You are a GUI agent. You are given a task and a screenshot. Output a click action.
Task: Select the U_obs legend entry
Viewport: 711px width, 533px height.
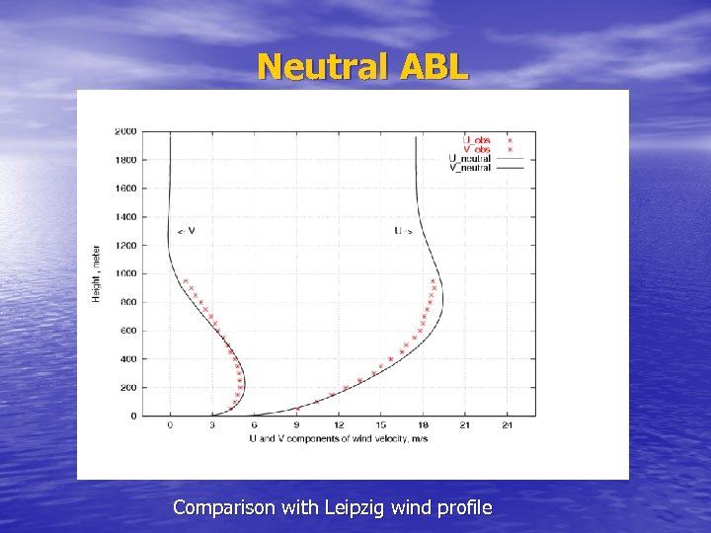point(476,141)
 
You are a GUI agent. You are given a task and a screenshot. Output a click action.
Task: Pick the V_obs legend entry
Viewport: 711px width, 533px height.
point(476,150)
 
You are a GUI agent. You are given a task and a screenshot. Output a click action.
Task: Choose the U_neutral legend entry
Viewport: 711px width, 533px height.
point(470,159)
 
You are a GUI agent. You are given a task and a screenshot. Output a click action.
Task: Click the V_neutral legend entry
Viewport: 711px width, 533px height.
point(470,168)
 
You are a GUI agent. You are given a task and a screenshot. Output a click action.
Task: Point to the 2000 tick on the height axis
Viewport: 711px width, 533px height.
point(125,131)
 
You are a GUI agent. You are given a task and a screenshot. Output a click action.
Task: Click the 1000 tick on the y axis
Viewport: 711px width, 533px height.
point(125,273)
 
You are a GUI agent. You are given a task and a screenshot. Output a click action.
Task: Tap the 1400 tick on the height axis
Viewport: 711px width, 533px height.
point(125,217)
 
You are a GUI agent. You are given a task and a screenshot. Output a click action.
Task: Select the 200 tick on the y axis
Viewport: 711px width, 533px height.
point(127,388)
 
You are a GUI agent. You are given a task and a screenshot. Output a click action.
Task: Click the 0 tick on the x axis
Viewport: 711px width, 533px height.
point(170,425)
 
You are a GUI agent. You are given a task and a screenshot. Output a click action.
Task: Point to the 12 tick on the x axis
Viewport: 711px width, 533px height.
point(339,425)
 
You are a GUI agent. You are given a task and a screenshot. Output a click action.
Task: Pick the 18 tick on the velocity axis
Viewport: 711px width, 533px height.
point(423,425)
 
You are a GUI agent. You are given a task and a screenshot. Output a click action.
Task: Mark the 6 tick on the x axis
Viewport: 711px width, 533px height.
point(255,425)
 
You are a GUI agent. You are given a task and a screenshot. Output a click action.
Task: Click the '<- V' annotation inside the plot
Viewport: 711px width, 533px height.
point(186,231)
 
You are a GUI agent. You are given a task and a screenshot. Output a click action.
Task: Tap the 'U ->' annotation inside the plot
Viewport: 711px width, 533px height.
point(404,231)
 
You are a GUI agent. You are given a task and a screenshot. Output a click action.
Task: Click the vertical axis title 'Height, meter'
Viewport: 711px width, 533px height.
point(97,273)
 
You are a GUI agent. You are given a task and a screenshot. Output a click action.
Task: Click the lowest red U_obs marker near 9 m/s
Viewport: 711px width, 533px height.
point(298,409)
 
